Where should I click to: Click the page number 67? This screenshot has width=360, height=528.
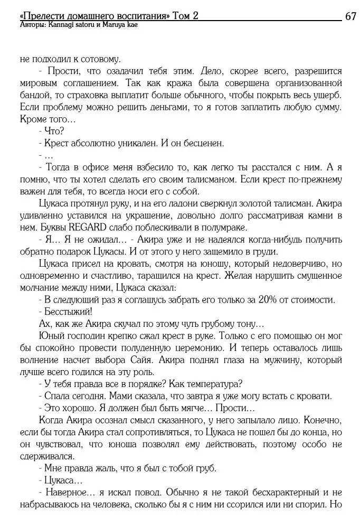tap(350, 16)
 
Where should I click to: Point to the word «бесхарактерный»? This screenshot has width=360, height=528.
tap(266, 493)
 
